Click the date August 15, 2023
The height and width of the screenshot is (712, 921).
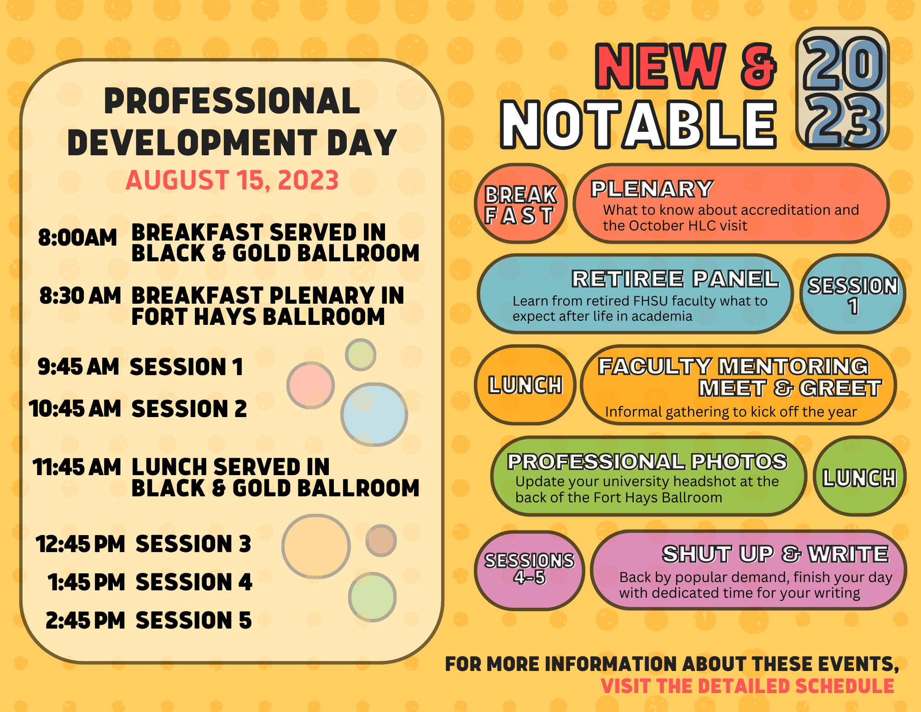[x=232, y=180]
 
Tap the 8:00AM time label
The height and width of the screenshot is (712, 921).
[x=77, y=238]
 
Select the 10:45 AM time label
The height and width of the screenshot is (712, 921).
[x=75, y=408]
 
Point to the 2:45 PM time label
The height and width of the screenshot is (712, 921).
[x=85, y=620]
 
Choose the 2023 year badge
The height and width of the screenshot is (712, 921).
[x=843, y=88]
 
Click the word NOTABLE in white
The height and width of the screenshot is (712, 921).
[x=639, y=124]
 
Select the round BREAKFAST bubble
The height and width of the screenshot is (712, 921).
[x=520, y=204]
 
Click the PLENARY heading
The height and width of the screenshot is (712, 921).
[x=652, y=189]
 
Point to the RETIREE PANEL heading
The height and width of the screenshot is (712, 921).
[x=675, y=279]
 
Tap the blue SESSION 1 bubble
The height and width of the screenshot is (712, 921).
[x=853, y=294]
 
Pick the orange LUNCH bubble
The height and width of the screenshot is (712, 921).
[x=525, y=385]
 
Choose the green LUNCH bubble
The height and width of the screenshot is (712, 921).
[x=859, y=477]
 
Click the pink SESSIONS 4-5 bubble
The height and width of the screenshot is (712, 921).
[x=529, y=571]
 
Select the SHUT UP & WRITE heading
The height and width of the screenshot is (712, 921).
[x=775, y=554]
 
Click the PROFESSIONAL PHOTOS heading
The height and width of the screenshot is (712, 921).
[x=647, y=462]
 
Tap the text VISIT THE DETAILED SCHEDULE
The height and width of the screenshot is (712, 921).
[x=747, y=686]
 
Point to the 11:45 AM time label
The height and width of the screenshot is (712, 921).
[x=77, y=467]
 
